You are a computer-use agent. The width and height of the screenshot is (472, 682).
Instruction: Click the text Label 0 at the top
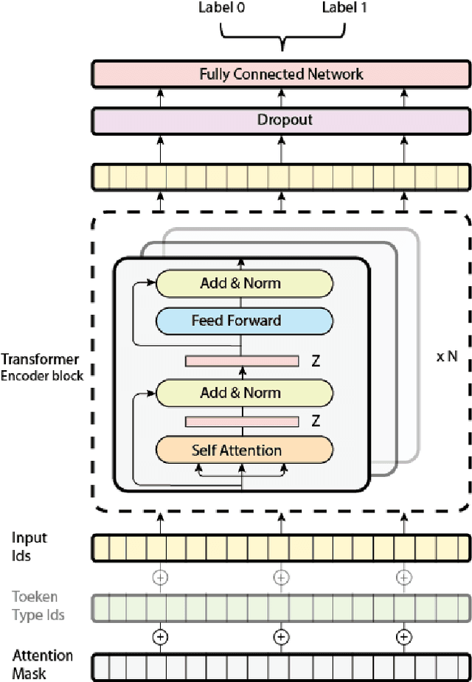221,8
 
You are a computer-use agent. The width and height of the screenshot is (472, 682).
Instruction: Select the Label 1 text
344,8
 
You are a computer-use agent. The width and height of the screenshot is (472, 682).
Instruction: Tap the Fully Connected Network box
281,74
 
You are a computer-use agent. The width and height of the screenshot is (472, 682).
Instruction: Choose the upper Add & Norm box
240,283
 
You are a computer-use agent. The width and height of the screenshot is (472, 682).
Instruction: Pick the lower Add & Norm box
240,393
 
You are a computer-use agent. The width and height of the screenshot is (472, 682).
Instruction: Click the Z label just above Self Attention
315,422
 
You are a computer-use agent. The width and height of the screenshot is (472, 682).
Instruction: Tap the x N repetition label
447,357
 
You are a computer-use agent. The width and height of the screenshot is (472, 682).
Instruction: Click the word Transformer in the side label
40,360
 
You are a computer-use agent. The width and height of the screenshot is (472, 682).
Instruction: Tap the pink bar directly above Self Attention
241,422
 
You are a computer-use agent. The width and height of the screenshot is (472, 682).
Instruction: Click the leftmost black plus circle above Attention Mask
159,636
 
